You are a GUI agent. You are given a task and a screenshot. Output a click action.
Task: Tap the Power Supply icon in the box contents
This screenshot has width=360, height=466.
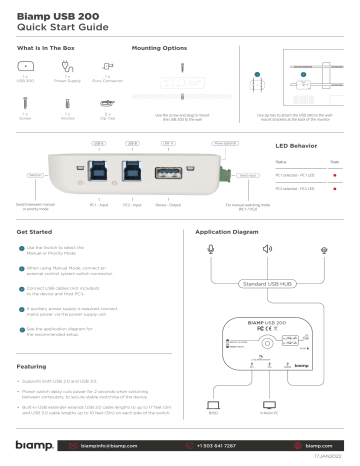click(x=66, y=71)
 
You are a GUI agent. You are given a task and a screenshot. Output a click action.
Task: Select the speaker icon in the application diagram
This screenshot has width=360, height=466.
click(x=267, y=248)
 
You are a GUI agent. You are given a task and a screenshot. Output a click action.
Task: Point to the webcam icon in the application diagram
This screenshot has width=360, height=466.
click(x=323, y=248)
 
